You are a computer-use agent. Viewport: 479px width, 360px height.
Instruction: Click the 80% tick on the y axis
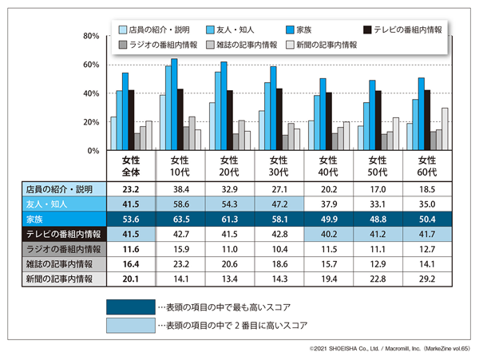(x=90, y=36)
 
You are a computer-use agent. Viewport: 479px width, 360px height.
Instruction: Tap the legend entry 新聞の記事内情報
(x=327, y=45)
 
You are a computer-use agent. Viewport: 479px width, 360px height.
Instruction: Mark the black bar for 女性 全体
(x=132, y=120)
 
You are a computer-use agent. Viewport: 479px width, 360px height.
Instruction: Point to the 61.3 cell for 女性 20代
(x=228, y=220)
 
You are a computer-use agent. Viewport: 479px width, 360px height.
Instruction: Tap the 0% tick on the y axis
(x=93, y=151)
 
